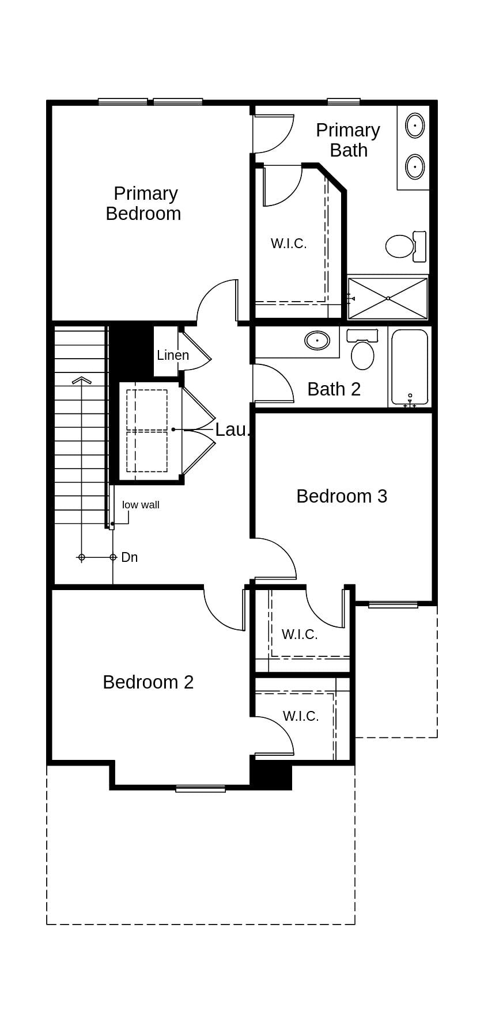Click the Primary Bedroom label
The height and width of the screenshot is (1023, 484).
coord(143,203)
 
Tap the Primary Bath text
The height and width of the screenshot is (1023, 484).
coord(348,140)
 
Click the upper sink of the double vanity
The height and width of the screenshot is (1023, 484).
coord(415,126)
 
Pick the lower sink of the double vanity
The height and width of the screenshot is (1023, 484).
coord(415,167)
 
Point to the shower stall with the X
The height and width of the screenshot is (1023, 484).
coord(388,298)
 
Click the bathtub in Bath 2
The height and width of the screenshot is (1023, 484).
coord(410,367)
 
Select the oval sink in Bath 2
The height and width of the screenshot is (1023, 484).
coord(317,340)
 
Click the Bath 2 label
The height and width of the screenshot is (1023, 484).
coord(334,389)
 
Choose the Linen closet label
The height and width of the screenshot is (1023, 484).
coord(173,355)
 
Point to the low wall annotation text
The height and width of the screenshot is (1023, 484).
coord(141,505)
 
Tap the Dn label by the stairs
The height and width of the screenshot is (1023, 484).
coord(129,557)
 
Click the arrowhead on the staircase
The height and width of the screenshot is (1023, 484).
coord(82,380)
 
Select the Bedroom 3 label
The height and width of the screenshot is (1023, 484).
coord(342,496)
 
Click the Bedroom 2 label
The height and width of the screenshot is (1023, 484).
coord(148,682)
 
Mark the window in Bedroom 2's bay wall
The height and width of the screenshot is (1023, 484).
coord(201,789)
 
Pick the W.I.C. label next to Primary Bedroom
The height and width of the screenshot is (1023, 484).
coord(289,244)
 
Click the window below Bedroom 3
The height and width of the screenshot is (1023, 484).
coord(393,604)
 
